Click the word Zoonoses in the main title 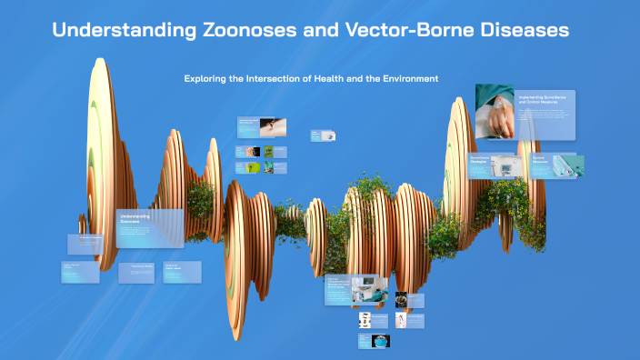tap(251, 30)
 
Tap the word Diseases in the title tap(521, 30)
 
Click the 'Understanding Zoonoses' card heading tap(135, 219)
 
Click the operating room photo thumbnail tap(377, 292)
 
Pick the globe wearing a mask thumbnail tap(380, 341)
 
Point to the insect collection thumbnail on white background tap(365, 319)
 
